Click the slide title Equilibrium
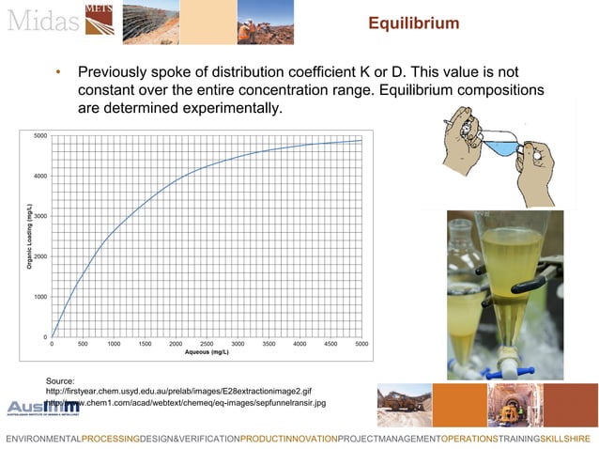[x=412, y=23]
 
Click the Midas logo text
[x=39, y=20]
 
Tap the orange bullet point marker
[x=58, y=73]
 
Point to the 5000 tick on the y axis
[x=41, y=136]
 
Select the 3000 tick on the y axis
[x=41, y=216]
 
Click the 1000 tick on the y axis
[x=41, y=297]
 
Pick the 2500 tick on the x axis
[x=207, y=345]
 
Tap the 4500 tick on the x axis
[x=330, y=345]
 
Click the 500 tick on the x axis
[x=83, y=345]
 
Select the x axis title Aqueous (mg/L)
[x=207, y=353]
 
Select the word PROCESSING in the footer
[x=110, y=439]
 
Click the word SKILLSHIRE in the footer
[x=564, y=439]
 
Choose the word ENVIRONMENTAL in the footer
[x=43, y=439]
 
